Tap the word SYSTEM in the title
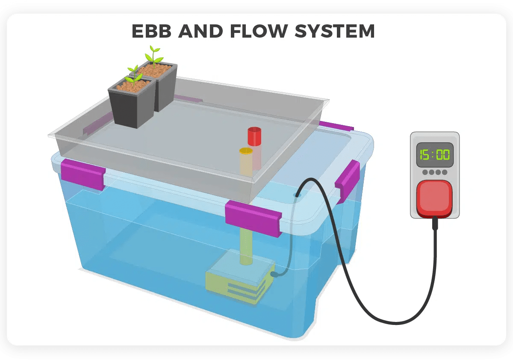point(338,31)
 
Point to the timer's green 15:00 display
point(434,155)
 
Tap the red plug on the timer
point(434,198)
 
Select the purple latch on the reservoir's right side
point(347,180)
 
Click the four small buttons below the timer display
point(434,172)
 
